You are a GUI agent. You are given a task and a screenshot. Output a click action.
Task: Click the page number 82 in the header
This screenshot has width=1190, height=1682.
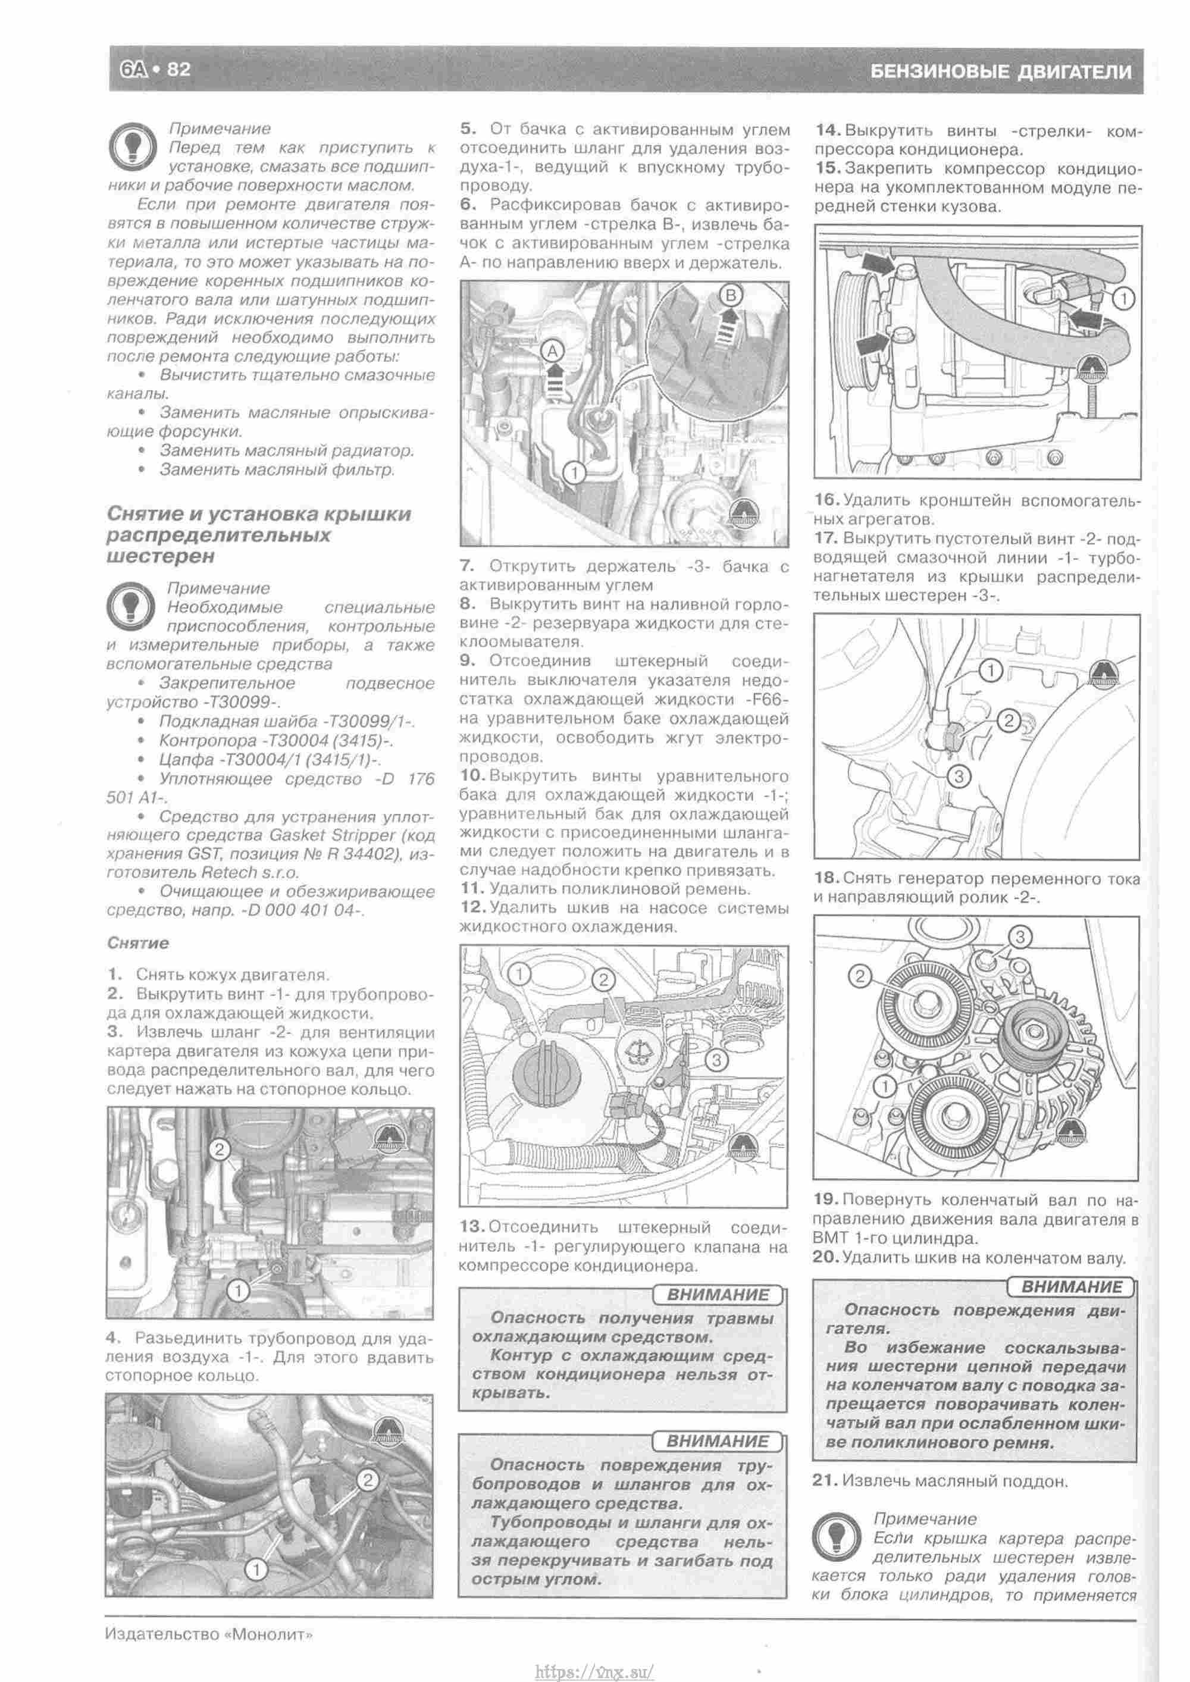point(178,70)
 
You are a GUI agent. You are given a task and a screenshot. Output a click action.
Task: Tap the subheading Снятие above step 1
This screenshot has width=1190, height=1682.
point(138,943)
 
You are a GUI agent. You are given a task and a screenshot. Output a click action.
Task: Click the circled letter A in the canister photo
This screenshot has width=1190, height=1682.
point(553,351)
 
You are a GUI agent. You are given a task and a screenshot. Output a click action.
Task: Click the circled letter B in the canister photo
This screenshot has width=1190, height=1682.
point(731,295)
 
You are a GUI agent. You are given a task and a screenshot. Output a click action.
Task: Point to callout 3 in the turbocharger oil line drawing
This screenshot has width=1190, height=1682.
point(959,776)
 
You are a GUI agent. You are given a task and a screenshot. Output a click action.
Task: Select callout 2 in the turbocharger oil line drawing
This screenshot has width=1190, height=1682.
point(1009,721)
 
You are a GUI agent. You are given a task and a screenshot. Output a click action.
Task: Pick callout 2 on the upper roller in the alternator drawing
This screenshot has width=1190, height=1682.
point(860,976)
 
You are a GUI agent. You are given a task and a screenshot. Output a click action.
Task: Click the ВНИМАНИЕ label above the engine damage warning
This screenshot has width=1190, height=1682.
point(1070,1286)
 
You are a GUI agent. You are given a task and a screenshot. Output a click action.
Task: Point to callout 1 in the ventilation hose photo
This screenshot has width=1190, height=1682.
point(239,1291)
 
